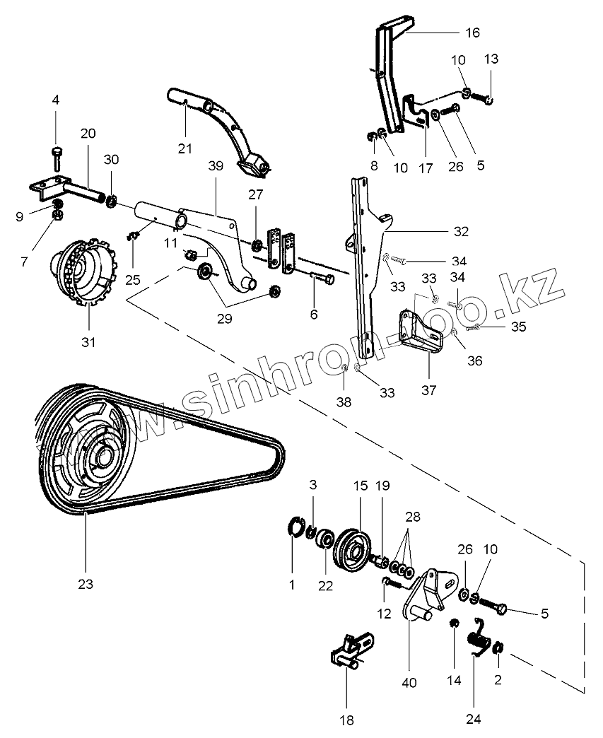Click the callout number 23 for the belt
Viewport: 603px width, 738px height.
click(86, 584)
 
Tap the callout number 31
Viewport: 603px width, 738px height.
click(87, 342)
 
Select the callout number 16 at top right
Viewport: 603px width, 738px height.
click(472, 33)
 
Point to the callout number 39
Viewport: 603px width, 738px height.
click(216, 165)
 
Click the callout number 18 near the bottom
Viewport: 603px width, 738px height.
click(346, 720)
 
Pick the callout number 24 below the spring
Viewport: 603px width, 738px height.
click(474, 720)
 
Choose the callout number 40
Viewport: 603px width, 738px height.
click(409, 683)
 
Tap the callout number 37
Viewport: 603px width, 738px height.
click(428, 389)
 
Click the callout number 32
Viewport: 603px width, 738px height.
click(461, 231)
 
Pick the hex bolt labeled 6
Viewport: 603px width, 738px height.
click(324, 279)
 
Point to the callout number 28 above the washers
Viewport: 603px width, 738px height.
click(411, 516)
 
